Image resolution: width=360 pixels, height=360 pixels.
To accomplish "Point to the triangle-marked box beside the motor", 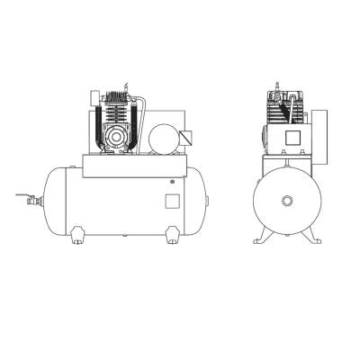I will click(x=185, y=137).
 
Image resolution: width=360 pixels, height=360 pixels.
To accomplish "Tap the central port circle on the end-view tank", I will click(x=288, y=201).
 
